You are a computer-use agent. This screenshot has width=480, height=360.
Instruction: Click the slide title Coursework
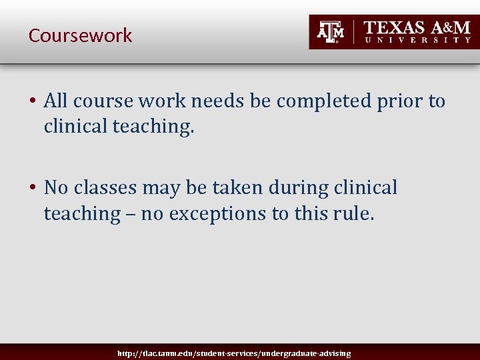(80, 35)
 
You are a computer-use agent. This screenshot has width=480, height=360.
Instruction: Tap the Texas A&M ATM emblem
(330, 32)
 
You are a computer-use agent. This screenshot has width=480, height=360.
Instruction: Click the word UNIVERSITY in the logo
(418, 40)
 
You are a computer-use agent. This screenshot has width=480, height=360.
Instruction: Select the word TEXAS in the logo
(394, 27)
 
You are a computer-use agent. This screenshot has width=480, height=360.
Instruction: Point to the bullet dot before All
(32, 101)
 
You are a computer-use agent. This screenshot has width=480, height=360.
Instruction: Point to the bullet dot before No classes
(32, 189)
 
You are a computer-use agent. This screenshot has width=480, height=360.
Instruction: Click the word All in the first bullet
(56, 101)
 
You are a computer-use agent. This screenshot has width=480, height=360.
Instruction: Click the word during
(283, 189)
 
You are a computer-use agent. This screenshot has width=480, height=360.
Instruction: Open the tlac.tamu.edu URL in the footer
(233, 353)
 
